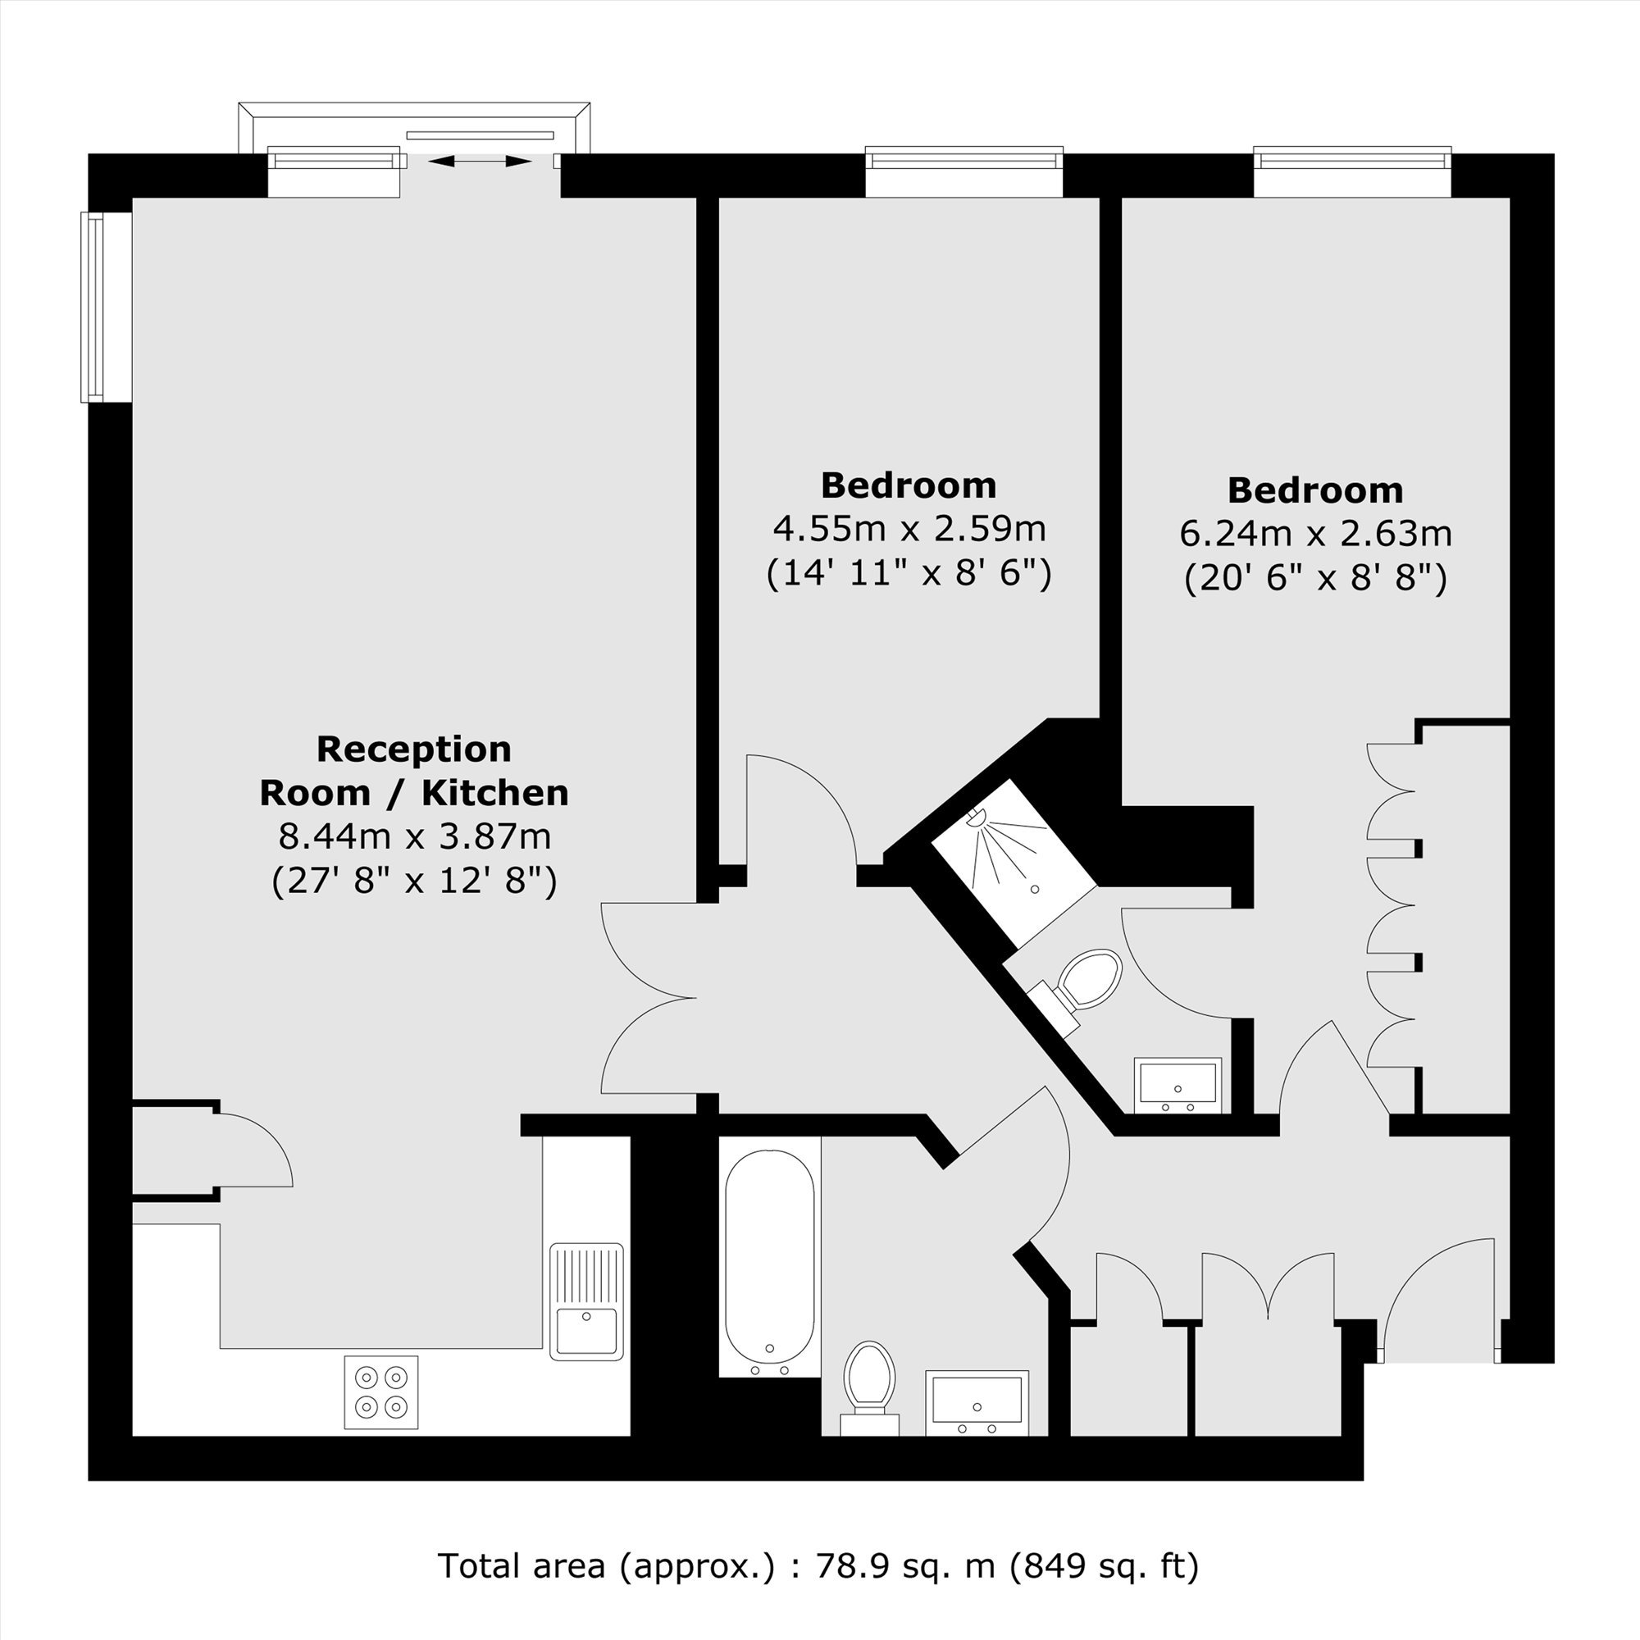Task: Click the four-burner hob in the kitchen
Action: tap(381, 1392)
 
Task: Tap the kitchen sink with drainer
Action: tap(585, 1301)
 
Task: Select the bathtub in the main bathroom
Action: tap(770, 1261)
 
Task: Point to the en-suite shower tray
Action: tap(1014, 863)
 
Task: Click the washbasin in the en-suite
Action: tap(1178, 1085)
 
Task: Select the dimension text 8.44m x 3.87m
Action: tap(415, 837)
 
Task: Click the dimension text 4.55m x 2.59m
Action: tap(909, 529)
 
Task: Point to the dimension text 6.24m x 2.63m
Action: tap(1316, 534)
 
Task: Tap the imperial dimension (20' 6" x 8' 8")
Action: tap(1316, 579)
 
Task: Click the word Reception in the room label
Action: tap(414, 749)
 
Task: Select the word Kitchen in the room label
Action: tap(495, 793)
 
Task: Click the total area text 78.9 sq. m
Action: tap(905, 1565)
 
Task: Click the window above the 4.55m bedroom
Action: tap(964, 171)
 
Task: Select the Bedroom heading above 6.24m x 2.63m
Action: tap(1316, 490)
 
